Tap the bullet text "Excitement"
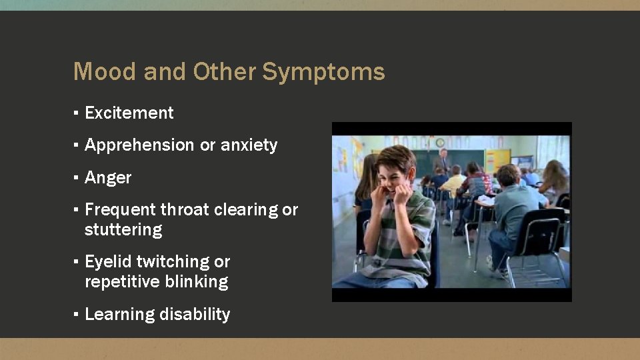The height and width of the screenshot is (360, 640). pos(129,113)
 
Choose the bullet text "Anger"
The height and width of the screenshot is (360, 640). pos(108,178)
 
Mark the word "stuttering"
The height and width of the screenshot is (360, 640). pos(123,230)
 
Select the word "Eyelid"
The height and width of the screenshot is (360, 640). pos(109,262)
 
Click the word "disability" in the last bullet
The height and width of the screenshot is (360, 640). pos(198,315)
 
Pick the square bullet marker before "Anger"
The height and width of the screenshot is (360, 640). pos(77,178)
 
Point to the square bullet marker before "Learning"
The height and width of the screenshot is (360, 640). pos(77,315)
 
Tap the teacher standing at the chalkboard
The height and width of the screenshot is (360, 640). pos(441,160)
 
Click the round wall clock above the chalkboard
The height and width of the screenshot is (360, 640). pos(440,142)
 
